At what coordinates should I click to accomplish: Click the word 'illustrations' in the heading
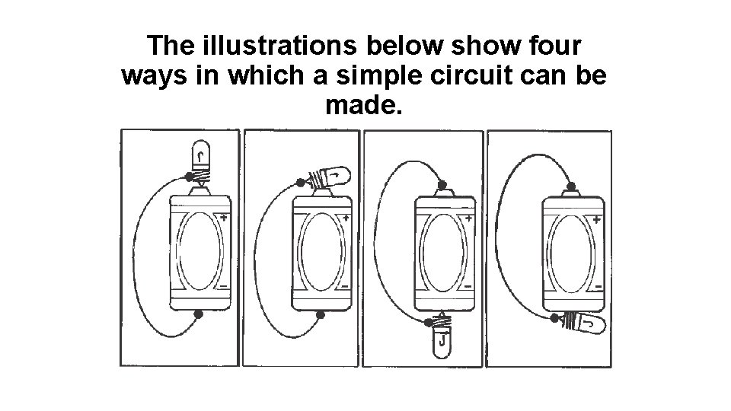[x=279, y=45]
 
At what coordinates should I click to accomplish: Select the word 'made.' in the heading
[x=364, y=104]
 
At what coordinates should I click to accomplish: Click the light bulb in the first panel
[x=201, y=161]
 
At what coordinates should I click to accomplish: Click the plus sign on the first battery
[x=224, y=217]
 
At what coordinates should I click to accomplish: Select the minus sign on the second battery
[x=345, y=286]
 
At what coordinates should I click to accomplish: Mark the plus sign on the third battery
[x=468, y=218]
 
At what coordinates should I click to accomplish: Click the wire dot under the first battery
[x=198, y=314]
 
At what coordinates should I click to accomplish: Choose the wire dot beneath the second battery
[x=321, y=315]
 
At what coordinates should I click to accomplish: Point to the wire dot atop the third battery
[x=442, y=185]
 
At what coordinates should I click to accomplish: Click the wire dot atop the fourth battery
[x=570, y=186]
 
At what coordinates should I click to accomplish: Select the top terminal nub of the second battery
[x=321, y=192]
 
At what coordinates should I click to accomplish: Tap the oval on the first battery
[x=200, y=251]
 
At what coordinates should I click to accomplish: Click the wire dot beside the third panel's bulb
[x=429, y=322]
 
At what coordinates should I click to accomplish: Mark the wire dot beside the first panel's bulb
[x=189, y=177]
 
